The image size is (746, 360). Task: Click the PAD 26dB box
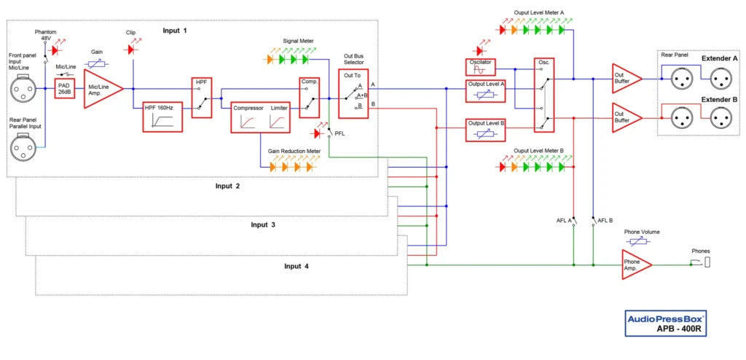[x=65, y=88]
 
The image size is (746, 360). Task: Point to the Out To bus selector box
[x=354, y=93]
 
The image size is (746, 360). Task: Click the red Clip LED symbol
[x=132, y=50]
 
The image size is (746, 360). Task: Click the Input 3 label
[x=262, y=225]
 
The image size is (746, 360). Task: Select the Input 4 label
[x=297, y=267]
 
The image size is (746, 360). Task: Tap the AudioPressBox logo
[x=667, y=318]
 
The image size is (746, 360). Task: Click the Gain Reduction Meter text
[x=294, y=151]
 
